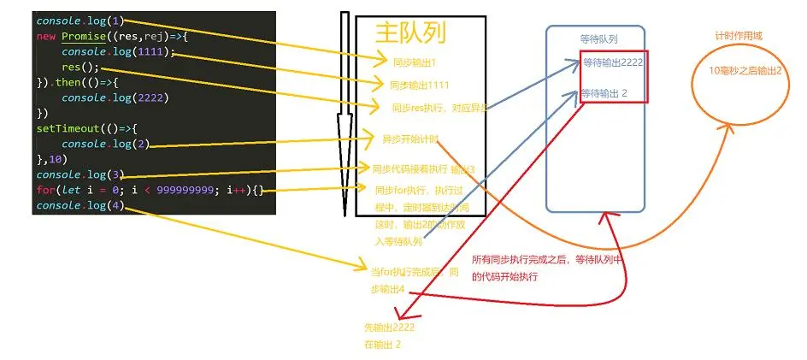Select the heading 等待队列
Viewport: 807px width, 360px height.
click(x=598, y=39)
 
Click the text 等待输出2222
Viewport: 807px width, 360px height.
click(x=613, y=62)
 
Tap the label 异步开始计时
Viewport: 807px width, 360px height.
click(x=410, y=138)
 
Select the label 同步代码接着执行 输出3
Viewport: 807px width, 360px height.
click(x=423, y=168)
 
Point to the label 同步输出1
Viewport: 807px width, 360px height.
click(x=415, y=62)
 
